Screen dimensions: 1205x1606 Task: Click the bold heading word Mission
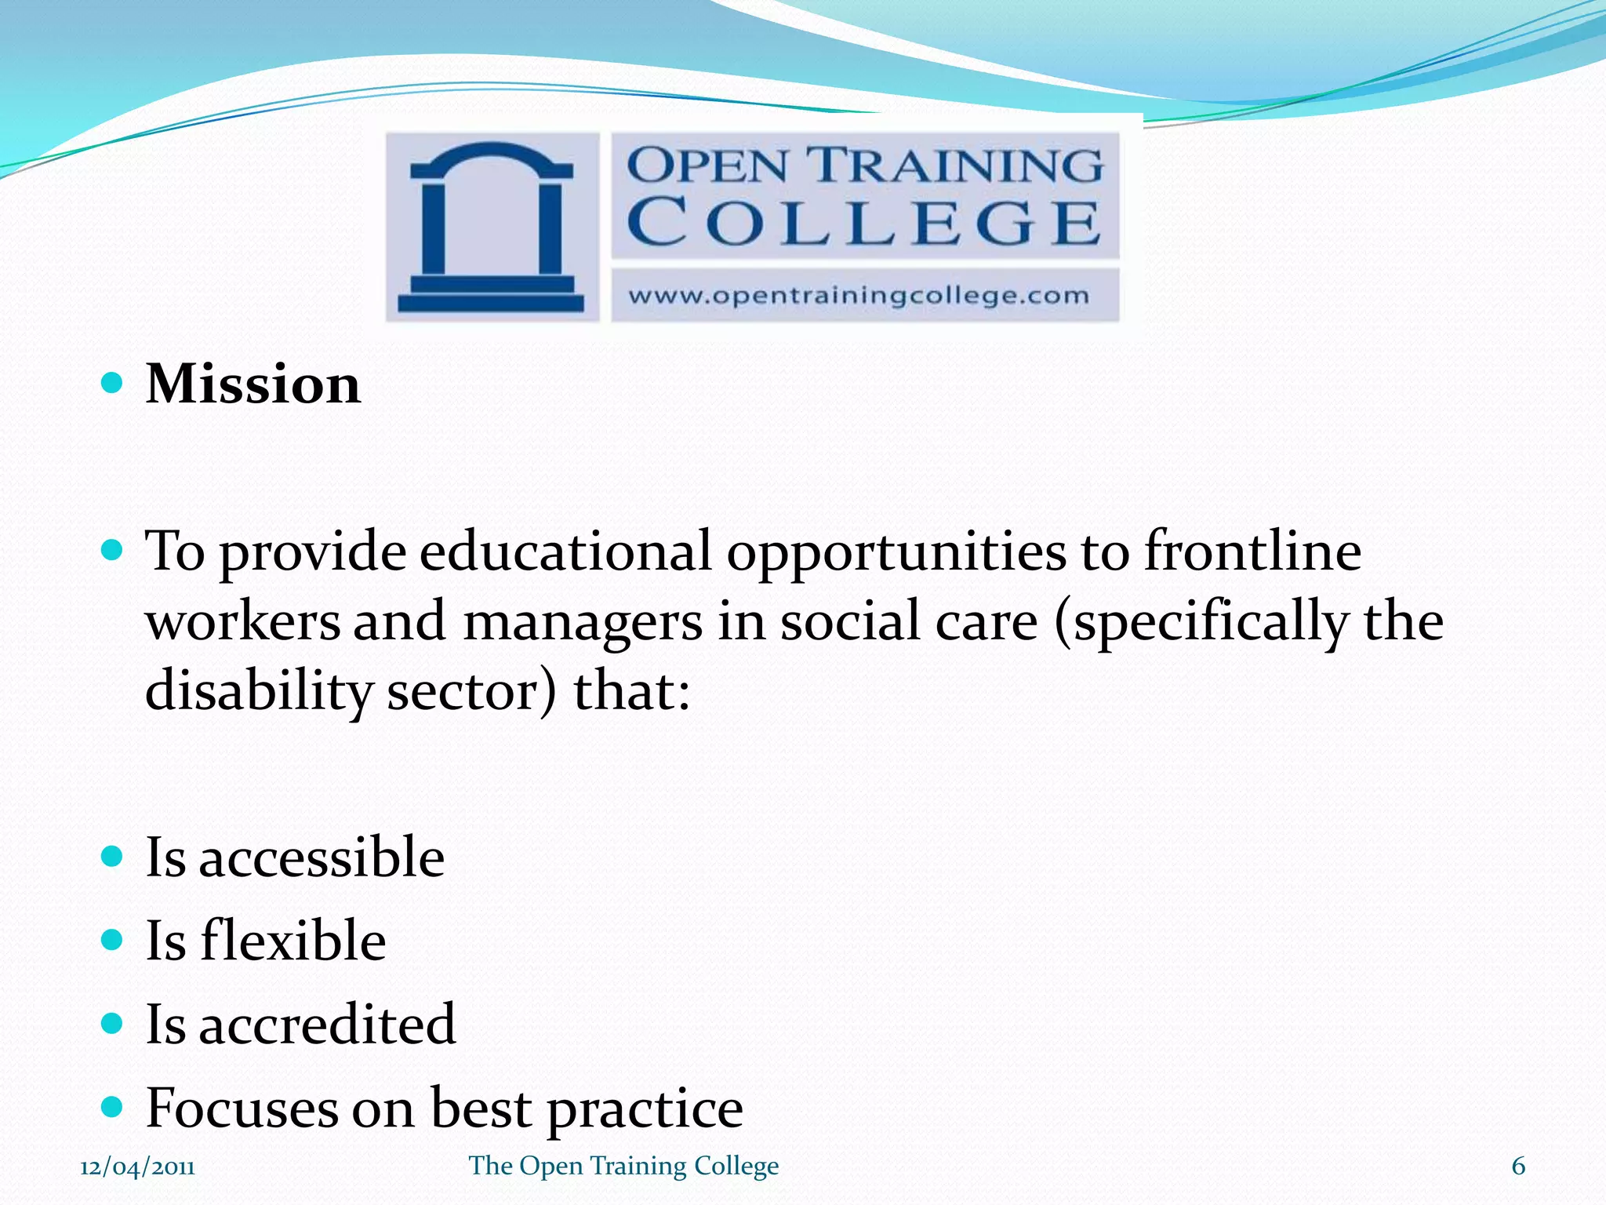click(x=253, y=384)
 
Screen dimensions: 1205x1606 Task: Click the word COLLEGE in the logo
click(x=864, y=223)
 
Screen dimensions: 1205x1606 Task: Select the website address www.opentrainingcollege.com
click(x=859, y=296)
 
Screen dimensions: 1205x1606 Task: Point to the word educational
click(x=565, y=551)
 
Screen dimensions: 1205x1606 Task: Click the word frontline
click(x=1252, y=551)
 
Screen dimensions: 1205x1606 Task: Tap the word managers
click(x=583, y=621)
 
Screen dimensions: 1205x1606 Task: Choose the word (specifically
click(x=1201, y=621)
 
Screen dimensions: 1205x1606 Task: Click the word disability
click(x=259, y=692)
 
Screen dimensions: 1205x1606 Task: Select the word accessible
click(x=322, y=857)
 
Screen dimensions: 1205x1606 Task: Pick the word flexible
click(x=293, y=941)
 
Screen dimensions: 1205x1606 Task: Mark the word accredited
click(x=327, y=1025)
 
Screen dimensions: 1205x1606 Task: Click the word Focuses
click(x=242, y=1108)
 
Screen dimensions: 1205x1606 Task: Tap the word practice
click(x=645, y=1109)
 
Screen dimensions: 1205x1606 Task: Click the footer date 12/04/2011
click(x=137, y=1167)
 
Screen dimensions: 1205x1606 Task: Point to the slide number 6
click(x=1518, y=1167)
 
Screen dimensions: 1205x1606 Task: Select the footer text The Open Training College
click(x=623, y=1167)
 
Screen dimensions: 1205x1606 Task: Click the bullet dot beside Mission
click(x=113, y=383)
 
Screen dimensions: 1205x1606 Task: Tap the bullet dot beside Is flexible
click(x=113, y=939)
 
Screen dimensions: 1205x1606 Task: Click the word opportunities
click(x=896, y=552)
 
